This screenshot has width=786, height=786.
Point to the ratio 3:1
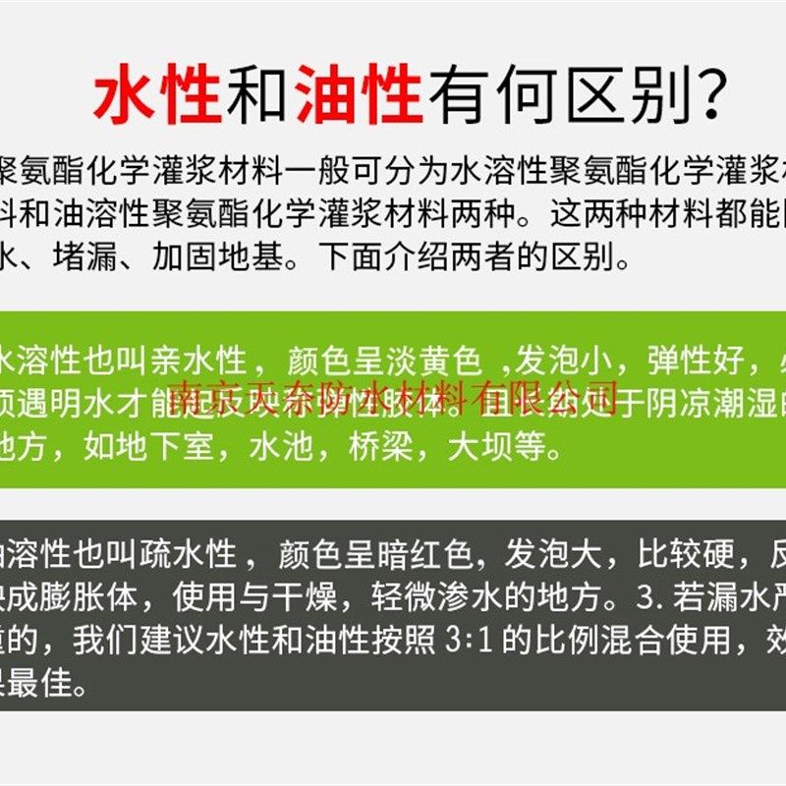(x=473, y=642)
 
